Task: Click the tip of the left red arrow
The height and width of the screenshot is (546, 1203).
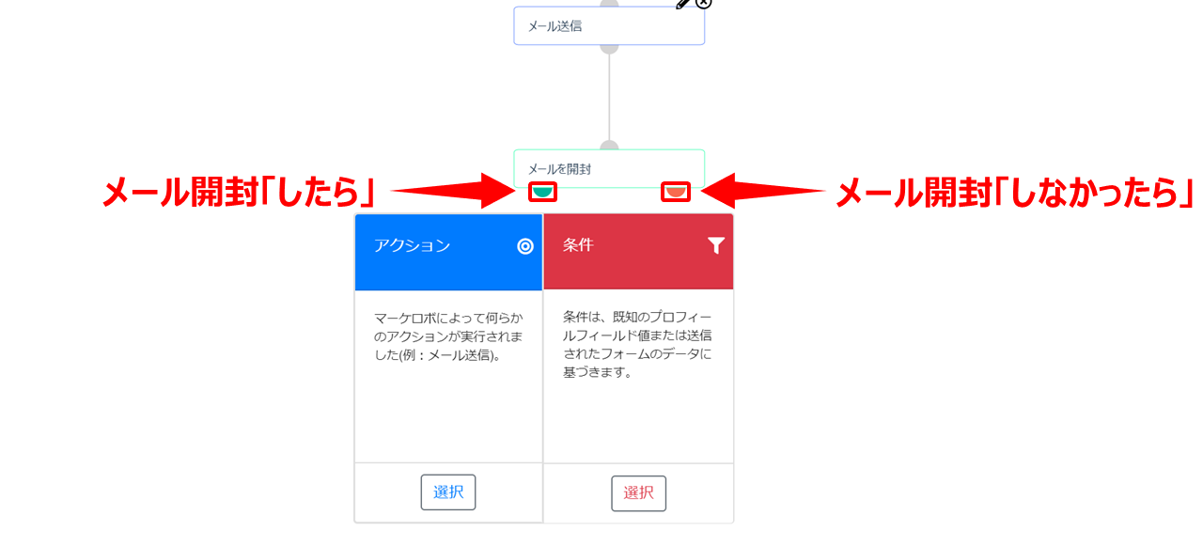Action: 516,191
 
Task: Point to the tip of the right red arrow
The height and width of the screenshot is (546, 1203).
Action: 701,191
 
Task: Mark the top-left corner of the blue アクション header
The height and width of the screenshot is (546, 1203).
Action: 355,214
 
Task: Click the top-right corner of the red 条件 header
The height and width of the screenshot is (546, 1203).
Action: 733,214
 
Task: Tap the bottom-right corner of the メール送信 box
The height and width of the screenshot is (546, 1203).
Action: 705,44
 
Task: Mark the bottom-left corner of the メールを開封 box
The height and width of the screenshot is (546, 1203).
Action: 514,187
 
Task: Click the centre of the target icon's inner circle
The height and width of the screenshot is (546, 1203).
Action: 525,246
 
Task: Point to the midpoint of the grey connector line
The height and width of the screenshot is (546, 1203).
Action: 609,97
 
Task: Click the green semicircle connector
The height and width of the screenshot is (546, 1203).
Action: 542,191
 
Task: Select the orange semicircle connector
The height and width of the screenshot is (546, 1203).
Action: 676,191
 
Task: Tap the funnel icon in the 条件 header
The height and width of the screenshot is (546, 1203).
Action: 716,245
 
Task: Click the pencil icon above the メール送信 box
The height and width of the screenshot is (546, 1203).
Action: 682,4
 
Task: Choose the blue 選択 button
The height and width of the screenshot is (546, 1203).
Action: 448,491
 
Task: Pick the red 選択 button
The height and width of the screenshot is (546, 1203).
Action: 638,492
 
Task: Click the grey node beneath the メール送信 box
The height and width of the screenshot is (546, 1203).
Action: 609,49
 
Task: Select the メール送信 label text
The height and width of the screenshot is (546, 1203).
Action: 555,26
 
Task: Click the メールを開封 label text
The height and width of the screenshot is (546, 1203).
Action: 559,169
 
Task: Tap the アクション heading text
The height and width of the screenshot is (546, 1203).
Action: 412,245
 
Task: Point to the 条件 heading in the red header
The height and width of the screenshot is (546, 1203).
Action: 578,245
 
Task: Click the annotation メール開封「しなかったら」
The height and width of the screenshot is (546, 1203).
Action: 1015,193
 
